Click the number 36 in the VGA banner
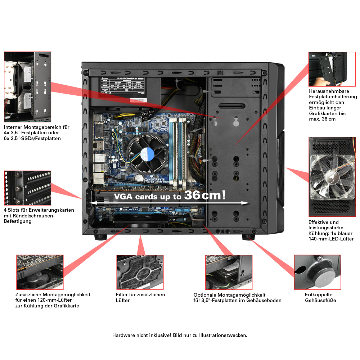pyautogui.click(x=193, y=195)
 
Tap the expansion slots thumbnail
pyautogui.click(x=27, y=188)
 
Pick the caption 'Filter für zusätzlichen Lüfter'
pyautogui.click(x=140, y=297)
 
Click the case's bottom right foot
pyautogui.click(x=248, y=237)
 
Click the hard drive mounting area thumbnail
pyautogui.click(x=27, y=87)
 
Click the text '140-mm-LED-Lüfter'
pyautogui.click(x=331, y=239)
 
